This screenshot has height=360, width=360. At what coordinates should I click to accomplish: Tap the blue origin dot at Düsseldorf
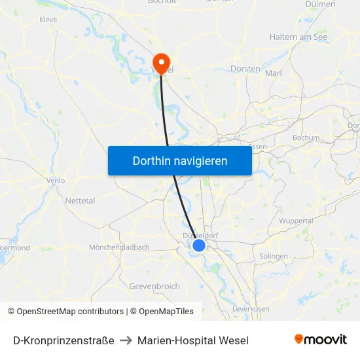pyautogui.click(x=199, y=245)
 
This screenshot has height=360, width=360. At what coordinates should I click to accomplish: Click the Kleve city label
pyautogui.click(x=48, y=20)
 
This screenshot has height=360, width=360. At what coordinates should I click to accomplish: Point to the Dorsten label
pyautogui.click(x=245, y=68)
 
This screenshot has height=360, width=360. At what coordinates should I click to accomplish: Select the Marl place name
pyautogui.click(x=274, y=73)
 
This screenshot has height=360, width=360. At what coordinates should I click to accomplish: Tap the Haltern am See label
pyautogui.click(x=298, y=37)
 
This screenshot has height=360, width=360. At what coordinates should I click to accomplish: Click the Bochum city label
pyautogui.click(x=306, y=138)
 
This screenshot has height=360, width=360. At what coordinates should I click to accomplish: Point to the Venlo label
pyautogui.click(x=55, y=180)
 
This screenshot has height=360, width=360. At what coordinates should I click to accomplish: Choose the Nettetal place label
pyautogui.click(x=80, y=200)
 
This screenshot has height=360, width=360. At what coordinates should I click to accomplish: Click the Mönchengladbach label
pyautogui.click(x=119, y=247)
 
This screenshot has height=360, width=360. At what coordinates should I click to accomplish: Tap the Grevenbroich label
pyautogui.click(x=154, y=286)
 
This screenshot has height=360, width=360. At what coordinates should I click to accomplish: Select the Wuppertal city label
pyautogui.click(x=296, y=221)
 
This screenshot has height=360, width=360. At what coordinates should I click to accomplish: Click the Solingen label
pyautogui.click(x=274, y=256)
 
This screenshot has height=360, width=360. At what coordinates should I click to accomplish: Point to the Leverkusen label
pyautogui.click(x=251, y=308)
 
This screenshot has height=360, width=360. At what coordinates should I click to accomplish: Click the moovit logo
pyautogui.click(x=320, y=339)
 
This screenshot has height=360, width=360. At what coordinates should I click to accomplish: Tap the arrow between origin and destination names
pyautogui.click(x=126, y=340)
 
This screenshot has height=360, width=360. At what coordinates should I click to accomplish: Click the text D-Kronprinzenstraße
pyautogui.click(x=63, y=340)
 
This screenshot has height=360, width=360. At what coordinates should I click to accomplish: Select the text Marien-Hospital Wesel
pyautogui.click(x=192, y=340)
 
